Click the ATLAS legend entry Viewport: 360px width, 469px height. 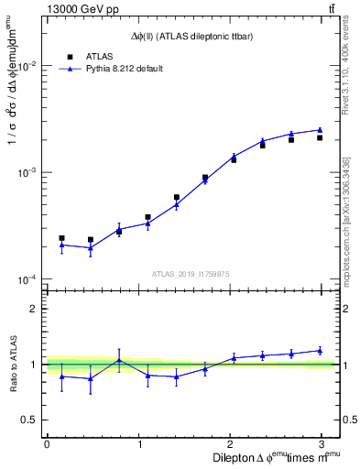pos(100,56)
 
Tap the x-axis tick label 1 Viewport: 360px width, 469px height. pos(140,443)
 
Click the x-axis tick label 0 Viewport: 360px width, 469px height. pos(47,443)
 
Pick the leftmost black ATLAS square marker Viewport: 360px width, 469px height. pos(61,238)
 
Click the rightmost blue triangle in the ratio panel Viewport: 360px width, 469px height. pos(320,350)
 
